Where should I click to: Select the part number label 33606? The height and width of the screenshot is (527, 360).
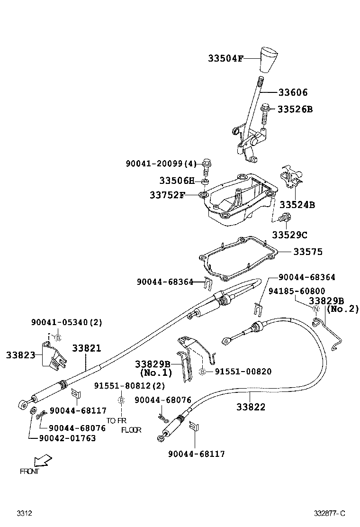[292, 92]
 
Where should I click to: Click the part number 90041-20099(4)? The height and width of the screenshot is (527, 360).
[161, 164]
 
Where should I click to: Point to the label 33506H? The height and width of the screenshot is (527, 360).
[177, 181]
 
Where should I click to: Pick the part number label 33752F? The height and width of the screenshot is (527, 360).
[167, 195]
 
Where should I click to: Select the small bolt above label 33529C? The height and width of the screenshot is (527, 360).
[285, 218]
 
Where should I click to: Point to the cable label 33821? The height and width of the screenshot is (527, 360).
[86, 348]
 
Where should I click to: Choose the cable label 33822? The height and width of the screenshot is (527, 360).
[251, 407]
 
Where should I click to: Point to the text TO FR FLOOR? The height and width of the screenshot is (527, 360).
[123, 425]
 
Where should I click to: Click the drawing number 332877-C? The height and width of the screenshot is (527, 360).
[330, 513]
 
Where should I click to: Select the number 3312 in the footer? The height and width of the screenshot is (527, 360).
[24, 513]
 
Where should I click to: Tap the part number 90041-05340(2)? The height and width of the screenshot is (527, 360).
[66, 322]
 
